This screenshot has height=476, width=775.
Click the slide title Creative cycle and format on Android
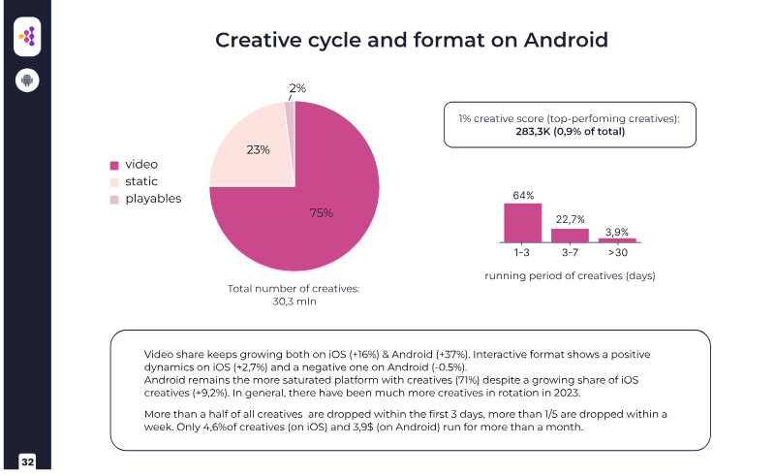tap(412, 40)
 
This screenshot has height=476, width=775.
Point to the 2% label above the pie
tap(297, 88)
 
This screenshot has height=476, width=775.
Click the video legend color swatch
tap(114, 165)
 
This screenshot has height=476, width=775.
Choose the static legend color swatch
tap(114, 182)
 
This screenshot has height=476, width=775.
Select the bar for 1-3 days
tap(523, 222)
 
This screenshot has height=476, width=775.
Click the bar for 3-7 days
tap(570, 235)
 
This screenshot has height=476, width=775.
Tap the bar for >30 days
tap(617, 239)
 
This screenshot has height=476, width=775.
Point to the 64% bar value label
tap(523, 196)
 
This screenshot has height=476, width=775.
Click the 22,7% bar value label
tap(570, 220)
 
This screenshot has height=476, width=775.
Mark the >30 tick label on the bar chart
tap(617, 253)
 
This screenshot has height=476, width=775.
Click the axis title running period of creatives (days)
tap(570, 275)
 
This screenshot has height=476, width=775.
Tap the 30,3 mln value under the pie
tap(294, 302)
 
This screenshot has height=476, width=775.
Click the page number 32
tap(27, 461)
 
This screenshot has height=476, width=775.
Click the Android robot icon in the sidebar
tap(27, 79)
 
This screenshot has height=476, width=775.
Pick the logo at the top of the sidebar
tap(27, 37)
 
